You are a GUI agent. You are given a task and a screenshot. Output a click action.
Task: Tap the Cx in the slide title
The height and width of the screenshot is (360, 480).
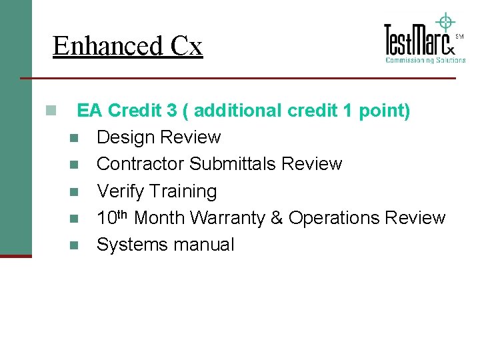[x=186, y=46]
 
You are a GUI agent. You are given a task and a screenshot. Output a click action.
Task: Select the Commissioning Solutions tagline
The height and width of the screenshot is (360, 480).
[x=425, y=60]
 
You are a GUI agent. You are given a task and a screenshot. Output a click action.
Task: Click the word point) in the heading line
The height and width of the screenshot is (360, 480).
[x=385, y=110]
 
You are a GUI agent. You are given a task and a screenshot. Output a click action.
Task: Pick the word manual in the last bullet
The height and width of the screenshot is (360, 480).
[x=203, y=245]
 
